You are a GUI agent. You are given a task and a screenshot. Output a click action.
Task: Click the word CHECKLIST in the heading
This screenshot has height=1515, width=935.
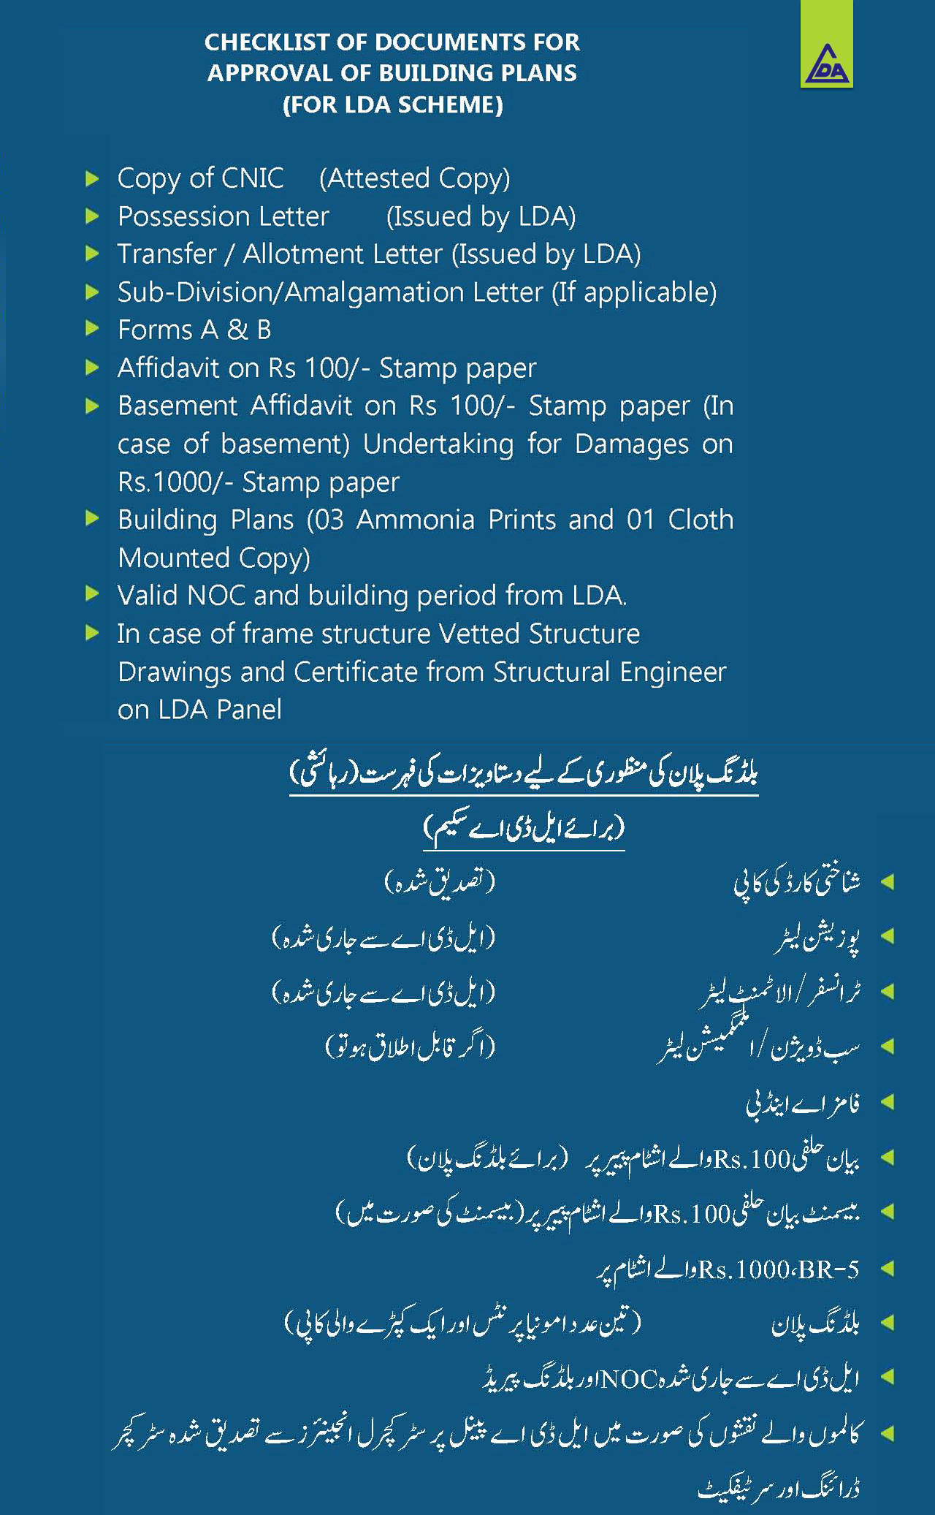click(267, 42)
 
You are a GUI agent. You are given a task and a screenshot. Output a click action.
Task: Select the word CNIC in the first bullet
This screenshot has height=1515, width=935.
click(252, 178)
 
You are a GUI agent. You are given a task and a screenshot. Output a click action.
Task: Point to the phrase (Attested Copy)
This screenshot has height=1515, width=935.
click(414, 178)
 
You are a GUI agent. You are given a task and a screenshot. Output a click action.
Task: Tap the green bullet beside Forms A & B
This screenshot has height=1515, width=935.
click(92, 329)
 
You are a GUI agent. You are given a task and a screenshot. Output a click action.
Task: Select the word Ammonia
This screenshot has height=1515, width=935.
click(415, 520)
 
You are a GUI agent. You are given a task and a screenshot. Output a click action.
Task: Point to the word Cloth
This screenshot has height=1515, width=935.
click(701, 520)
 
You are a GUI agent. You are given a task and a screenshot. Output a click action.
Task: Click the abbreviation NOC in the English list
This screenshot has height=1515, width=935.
click(216, 596)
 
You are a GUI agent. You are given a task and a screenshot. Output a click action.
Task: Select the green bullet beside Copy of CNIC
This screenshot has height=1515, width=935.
click(92, 178)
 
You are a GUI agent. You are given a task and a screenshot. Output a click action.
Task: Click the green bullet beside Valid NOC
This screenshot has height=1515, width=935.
click(92, 593)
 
